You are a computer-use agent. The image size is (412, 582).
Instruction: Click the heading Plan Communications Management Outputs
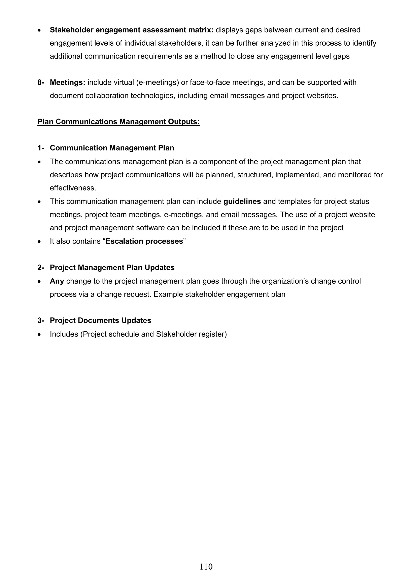(x=118, y=122)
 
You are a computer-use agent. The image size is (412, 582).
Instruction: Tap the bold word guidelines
(x=242, y=202)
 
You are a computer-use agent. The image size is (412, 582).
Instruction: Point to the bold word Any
(x=57, y=281)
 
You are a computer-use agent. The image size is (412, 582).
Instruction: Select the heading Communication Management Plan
(x=112, y=148)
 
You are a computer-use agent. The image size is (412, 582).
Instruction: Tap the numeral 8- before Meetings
(x=41, y=82)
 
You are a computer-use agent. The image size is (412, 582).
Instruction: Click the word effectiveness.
(x=73, y=188)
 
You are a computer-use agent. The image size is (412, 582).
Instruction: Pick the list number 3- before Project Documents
(x=41, y=320)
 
